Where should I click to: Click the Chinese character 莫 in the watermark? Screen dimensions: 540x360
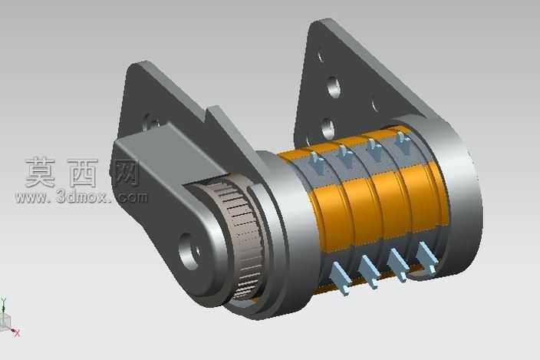(41, 172)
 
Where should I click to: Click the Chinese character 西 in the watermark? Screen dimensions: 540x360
(83, 173)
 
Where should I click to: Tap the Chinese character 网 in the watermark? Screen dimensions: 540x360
(126, 173)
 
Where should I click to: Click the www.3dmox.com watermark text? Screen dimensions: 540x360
(81, 197)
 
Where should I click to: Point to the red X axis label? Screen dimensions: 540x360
(17, 333)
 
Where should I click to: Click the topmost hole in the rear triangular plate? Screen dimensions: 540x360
(321, 56)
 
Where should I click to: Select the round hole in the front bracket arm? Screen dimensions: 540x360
(189, 251)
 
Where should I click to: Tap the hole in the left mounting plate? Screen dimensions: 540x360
(151, 122)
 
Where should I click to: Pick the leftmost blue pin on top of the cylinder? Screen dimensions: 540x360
(316, 162)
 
